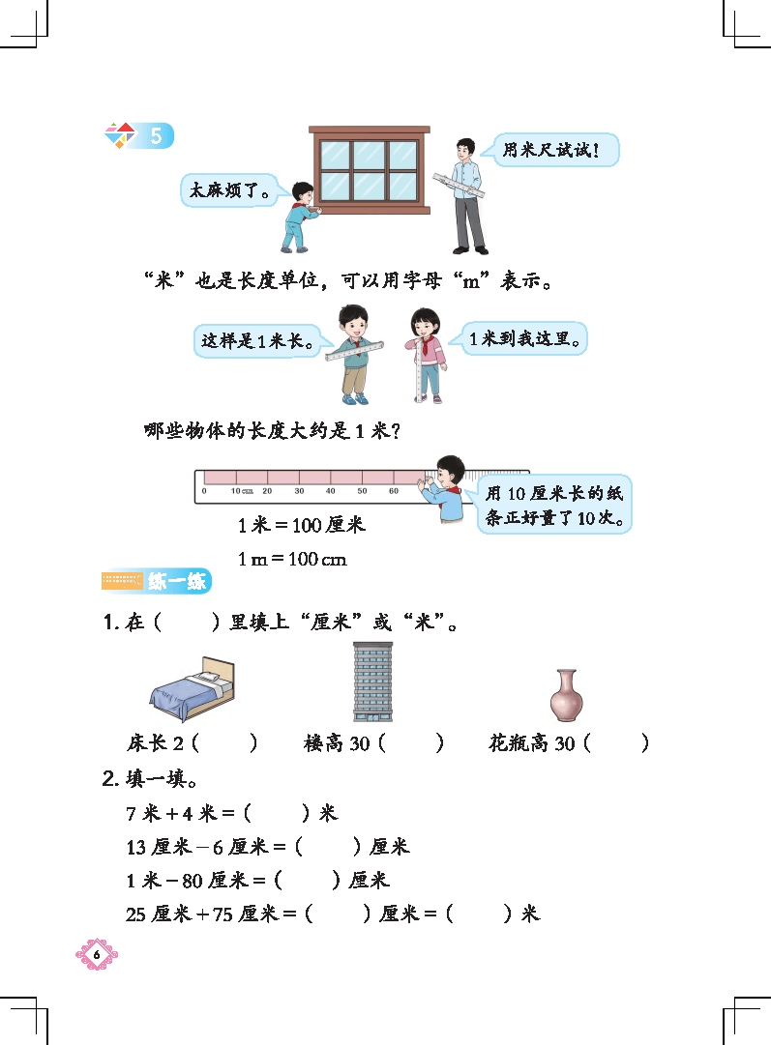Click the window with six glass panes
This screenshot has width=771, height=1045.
pos(370,169)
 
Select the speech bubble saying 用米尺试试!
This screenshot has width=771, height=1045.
pos(555,149)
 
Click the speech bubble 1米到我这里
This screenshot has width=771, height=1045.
pos(523,338)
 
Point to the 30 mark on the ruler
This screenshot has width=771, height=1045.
pos(300,491)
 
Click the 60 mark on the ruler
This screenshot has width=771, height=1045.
pos(394,491)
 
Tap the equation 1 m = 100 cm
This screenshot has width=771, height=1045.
pos(292,559)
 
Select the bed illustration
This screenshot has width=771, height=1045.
pos(193,688)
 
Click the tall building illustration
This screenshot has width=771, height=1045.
pos(372,682)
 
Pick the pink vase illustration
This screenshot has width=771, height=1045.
pos(566,695)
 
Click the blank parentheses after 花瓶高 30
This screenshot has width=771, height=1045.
pos(615,742)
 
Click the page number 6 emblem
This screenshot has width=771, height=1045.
pos(97,954)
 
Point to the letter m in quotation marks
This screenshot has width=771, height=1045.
pos(471,282)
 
